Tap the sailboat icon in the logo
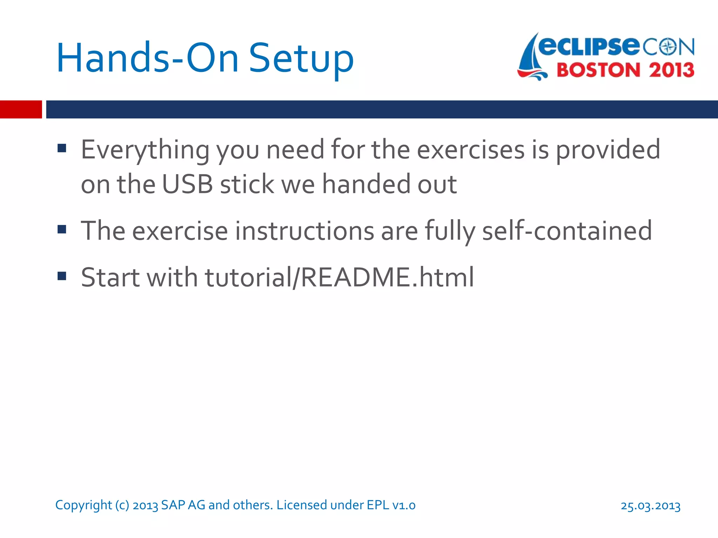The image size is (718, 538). point(531,58)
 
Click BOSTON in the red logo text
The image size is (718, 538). point(598,70)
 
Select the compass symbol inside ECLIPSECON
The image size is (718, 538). point(669,47)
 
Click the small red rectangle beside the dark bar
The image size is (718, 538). point(21,109)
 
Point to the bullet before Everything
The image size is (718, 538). point(62,149)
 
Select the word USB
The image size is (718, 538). point(187,184)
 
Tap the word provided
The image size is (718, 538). point(608,150)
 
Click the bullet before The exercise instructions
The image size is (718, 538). point(62,229)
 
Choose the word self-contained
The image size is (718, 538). point(567,231)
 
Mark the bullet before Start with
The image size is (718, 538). point(62,276)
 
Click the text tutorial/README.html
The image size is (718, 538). point(339,277)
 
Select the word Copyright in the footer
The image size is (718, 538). point(83,505)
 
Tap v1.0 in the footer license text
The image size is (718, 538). point(404,505)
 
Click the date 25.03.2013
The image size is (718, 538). point(650,506)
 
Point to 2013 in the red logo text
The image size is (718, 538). point(671,70)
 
